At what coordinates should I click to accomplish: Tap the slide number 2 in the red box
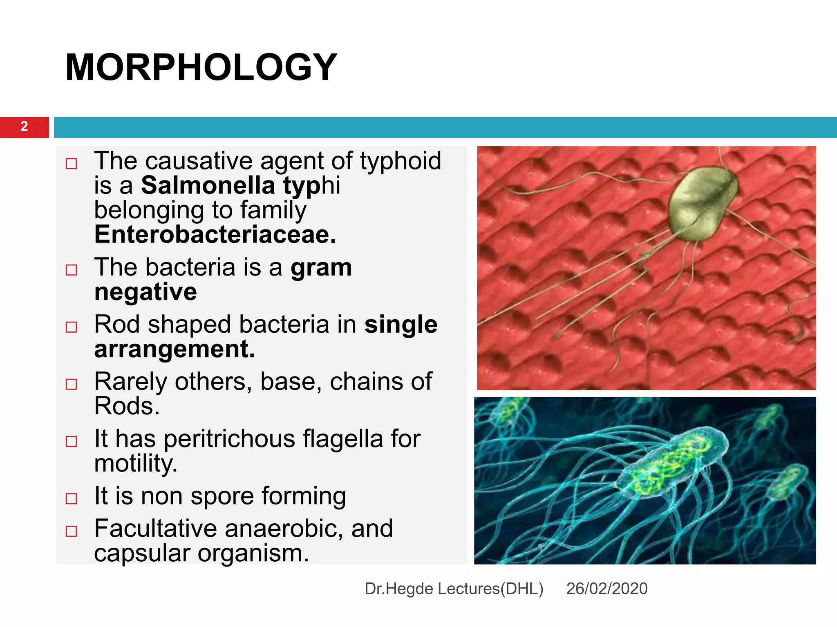24,127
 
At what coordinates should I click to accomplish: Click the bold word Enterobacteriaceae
215,235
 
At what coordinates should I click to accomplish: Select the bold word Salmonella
208,186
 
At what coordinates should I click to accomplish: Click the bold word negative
145,292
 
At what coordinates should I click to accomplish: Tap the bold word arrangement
175,349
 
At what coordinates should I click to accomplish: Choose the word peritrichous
229,439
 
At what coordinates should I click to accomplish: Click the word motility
135,464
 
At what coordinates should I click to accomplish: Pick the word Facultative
155,529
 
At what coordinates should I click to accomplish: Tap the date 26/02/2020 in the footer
606,589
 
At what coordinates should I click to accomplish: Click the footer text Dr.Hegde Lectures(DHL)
454,589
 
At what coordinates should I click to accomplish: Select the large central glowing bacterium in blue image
670,461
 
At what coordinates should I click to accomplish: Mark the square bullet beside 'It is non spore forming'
72,498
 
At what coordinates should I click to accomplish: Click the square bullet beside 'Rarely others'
72,384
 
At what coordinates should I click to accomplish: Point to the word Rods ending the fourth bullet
126,407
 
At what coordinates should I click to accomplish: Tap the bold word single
401,325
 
